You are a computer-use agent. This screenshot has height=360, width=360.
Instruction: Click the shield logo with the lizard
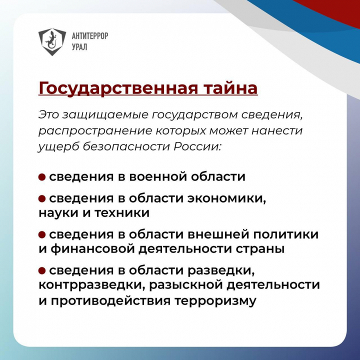point(52,41)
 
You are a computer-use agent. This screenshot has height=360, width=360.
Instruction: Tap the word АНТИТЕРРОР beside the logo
point(90,36)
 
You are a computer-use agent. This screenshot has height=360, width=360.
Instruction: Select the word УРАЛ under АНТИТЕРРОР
point(79,47)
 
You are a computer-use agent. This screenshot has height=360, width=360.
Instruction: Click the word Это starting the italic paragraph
point(48,115)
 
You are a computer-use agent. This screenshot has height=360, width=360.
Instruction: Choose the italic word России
point(197,146)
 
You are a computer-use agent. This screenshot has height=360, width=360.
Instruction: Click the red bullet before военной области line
point(42,177)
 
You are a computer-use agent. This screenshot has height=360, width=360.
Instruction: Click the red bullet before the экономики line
point(42,198)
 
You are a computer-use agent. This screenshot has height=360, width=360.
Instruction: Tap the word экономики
point(227,198)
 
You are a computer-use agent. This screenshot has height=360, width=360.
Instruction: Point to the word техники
point(122,213)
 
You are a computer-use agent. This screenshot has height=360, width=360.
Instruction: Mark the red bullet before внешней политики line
point(42,234)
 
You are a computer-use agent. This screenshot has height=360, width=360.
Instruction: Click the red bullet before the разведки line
point(42,270)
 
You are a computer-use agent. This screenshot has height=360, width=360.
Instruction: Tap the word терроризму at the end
point(215,301)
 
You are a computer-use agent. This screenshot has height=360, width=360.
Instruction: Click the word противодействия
point(110,300)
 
